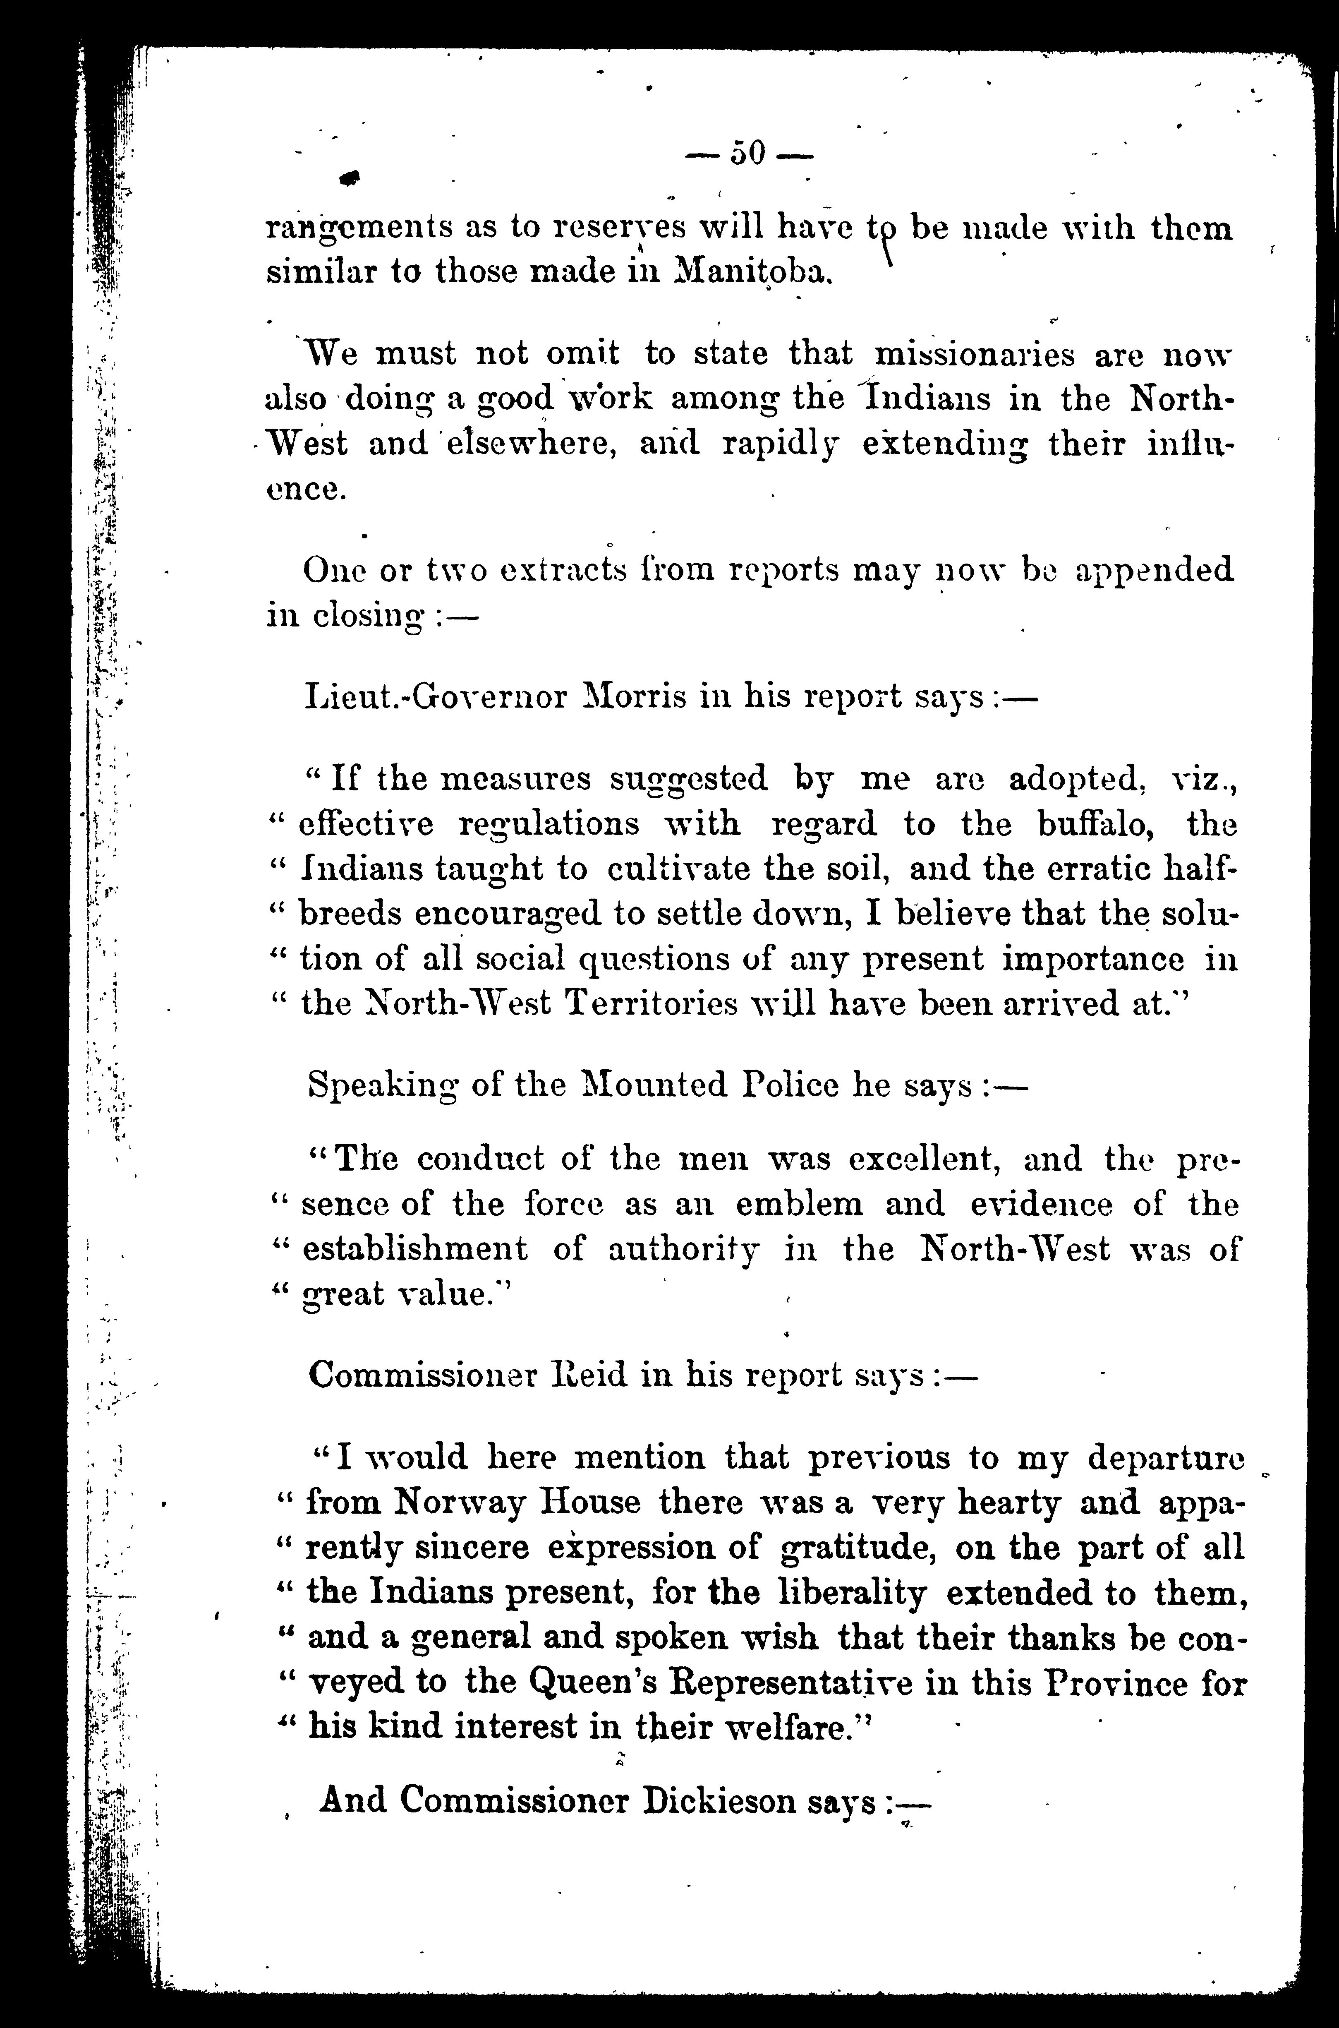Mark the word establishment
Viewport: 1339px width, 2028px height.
(x=416, y=1249)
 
